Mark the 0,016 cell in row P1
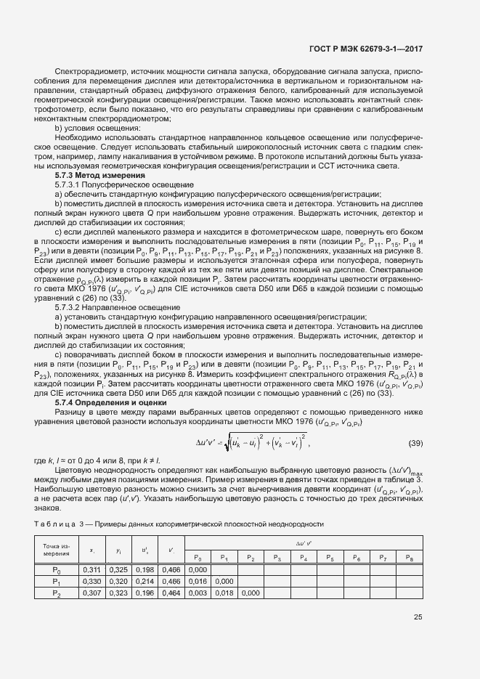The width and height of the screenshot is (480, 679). (x=197, y=582)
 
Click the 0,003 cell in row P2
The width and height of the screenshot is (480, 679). (x=197, y=593)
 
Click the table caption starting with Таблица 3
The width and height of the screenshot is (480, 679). (x=179, y=524)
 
